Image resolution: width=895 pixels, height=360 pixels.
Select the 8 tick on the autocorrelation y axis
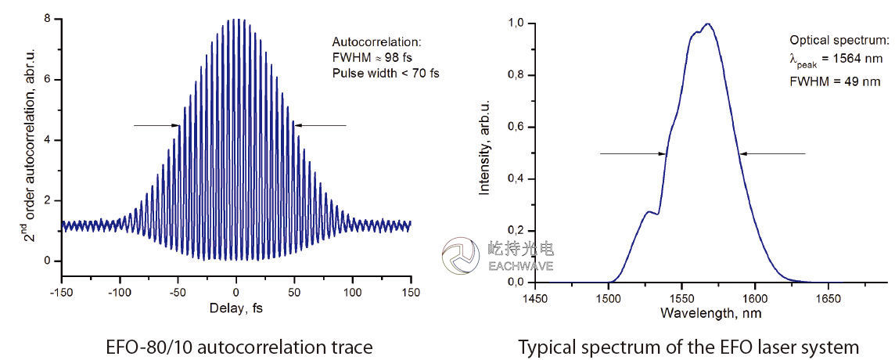[x=49, y=20]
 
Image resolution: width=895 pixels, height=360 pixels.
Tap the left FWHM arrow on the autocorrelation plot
[x=156, y=125]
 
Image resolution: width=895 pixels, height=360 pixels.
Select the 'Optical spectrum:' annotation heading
[x=839, y=40]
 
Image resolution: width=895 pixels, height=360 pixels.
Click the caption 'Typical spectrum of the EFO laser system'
[x=688, y=345]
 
